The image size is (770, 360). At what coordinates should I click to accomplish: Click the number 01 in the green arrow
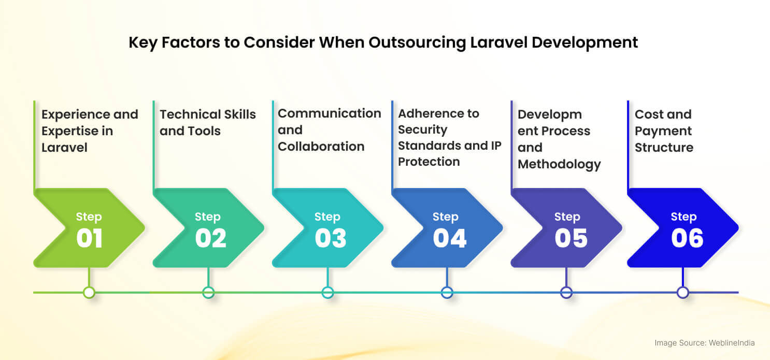click(89, 238)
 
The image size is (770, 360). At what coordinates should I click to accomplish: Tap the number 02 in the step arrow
click(210, 238)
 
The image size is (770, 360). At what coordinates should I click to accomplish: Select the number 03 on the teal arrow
click(330, 238)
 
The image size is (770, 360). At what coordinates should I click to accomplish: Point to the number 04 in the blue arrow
click(449, 238)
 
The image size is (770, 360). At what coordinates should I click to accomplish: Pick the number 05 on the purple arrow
click(571, 238)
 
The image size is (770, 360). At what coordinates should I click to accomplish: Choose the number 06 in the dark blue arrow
click(687, 238)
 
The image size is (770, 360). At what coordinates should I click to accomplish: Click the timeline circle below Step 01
click(89, 293)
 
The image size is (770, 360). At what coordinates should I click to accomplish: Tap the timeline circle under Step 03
click(327, 293)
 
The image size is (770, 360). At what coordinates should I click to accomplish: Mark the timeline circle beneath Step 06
click(683, 293)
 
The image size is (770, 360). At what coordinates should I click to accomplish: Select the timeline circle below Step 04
click(447, 293)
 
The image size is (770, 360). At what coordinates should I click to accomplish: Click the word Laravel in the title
click(501, 42)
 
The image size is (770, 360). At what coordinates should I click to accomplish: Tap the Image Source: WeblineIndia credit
click(704, 343)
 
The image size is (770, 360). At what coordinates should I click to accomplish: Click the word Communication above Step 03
click(329, 113)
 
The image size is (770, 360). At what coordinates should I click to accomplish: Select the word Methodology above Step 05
click(559, 164)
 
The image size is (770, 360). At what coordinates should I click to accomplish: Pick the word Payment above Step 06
click(663, 131)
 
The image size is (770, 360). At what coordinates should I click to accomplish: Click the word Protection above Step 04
click(429, 162)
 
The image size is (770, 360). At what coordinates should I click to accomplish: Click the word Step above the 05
click(567, 217)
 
